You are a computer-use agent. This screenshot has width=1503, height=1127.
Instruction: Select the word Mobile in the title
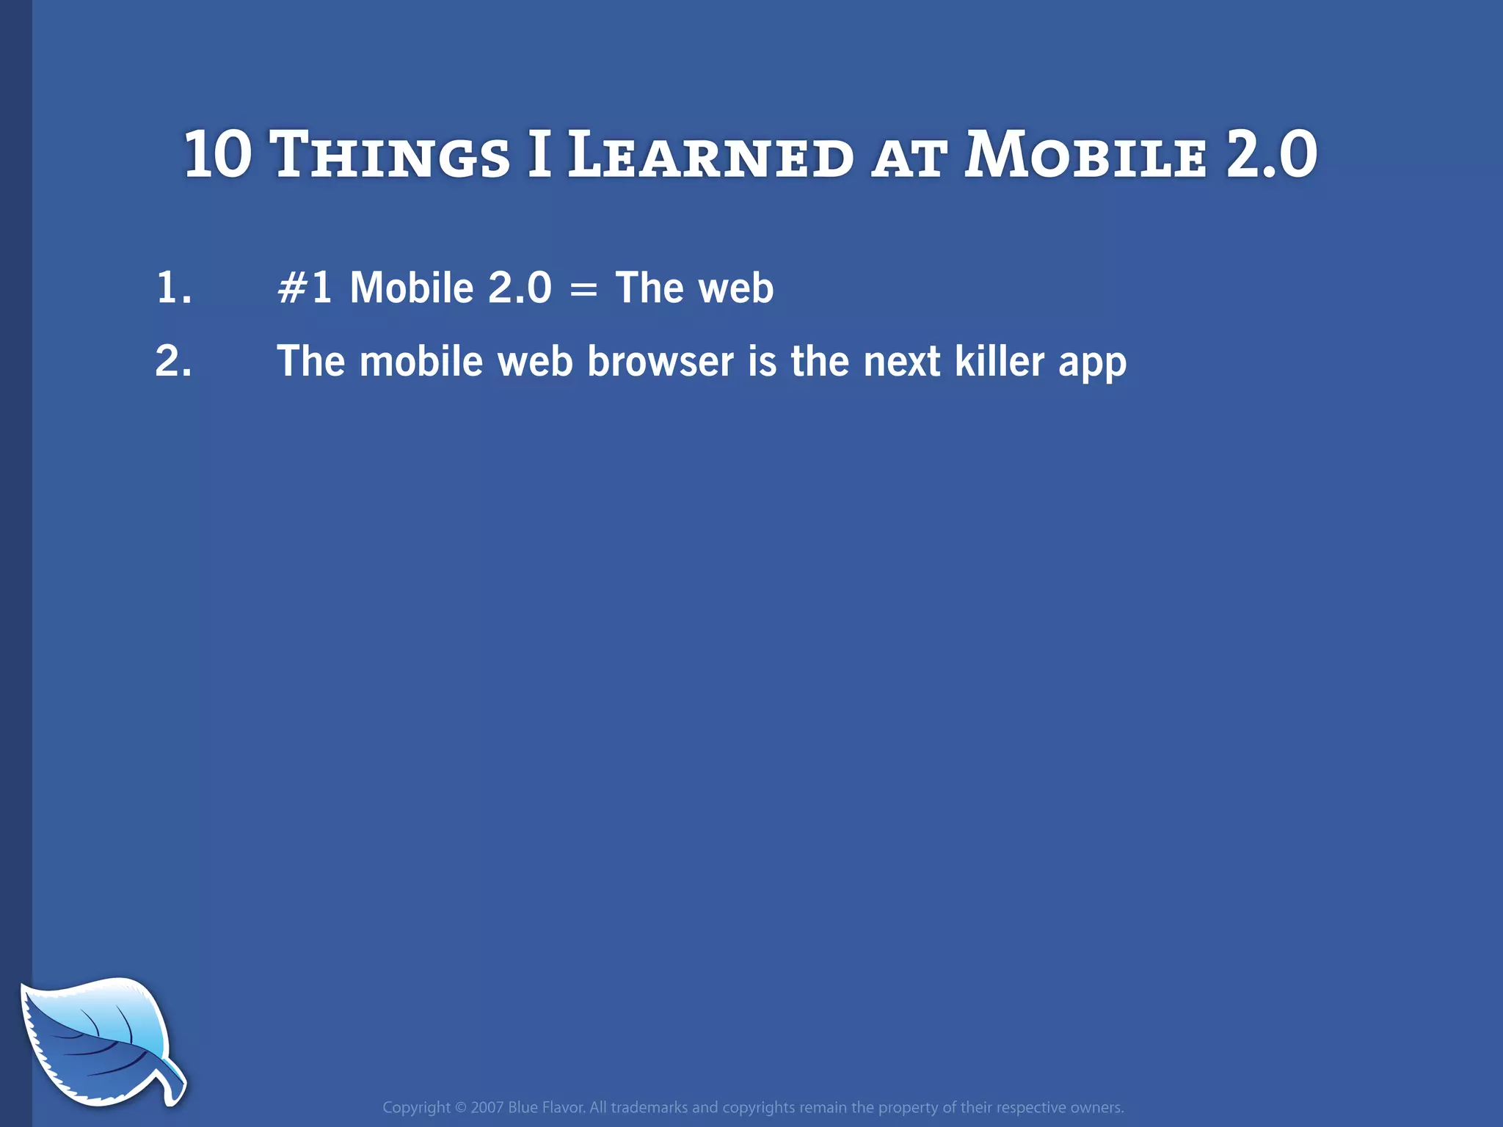pyautogui.click(x=1085, y=156)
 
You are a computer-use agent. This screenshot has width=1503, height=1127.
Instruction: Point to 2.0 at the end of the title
pyautogui.click(x=1272, y=154)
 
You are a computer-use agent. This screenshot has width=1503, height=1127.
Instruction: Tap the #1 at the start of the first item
pyautogui.click(x=304, y=288)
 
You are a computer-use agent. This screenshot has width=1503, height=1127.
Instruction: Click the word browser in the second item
pyautogui.click(x=660, y=361)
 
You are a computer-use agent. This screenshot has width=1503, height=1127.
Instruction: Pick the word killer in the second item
pyautogui.click(x=1000, y=361)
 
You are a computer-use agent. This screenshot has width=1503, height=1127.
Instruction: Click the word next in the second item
pyautogui.click(x=901, y=362)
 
